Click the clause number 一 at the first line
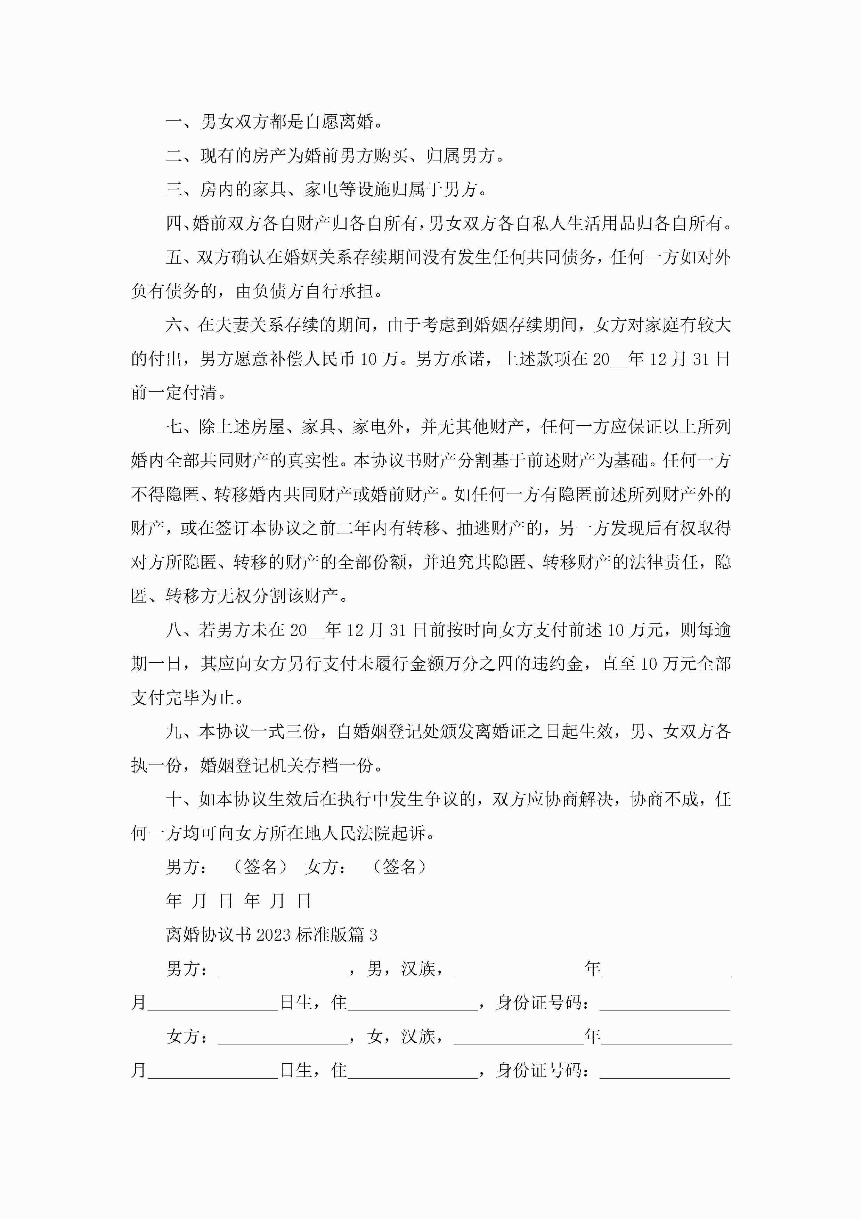coord(174,122)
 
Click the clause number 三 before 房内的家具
coord(174,189)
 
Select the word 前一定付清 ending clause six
coord(174,393)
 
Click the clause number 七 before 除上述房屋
coord(174,427)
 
